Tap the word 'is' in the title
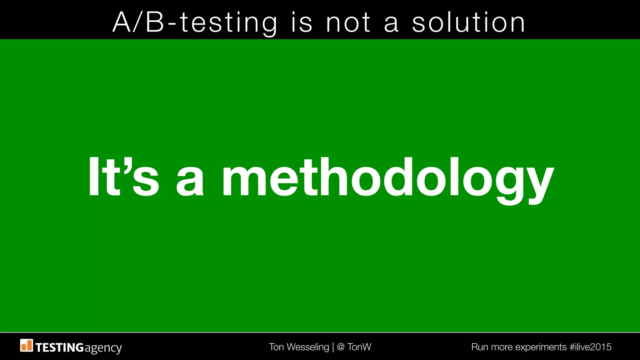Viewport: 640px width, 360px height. (x=302, y=22)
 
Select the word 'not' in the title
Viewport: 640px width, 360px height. (x=348, y=22)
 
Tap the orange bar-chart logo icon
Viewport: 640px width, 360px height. (x=27, y=345)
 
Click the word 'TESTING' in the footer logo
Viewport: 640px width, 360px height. (x=59, y=347)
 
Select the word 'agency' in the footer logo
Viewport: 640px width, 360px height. (x=103, y=348)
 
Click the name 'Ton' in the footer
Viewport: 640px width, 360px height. (x=276, y=347)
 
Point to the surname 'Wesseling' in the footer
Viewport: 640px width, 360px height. (x=308, y=347)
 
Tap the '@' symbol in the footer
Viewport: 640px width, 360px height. (x=341, y=347)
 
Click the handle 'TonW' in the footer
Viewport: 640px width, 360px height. (x=359, y=347)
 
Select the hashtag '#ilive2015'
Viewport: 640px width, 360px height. (x=590, y=347)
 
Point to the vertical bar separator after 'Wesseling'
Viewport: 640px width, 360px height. (x=333, y=347)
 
